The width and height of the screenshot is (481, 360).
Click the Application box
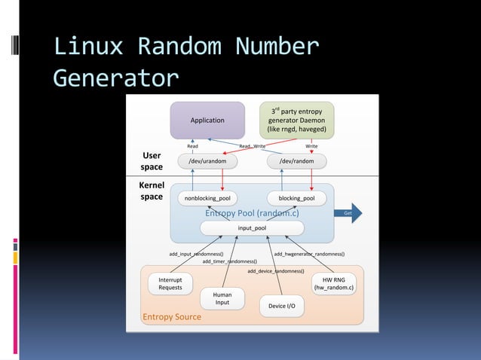tap(207, 120)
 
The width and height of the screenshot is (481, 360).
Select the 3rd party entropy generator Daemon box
tap(296, 120)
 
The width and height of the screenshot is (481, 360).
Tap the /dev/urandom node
tap(207, 161)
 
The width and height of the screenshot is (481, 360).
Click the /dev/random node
tap(296, 161)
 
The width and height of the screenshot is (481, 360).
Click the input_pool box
tap(251, 227)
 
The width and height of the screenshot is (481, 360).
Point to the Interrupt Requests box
tap(170, 283)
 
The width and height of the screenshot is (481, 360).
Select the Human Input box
tap(222, 298)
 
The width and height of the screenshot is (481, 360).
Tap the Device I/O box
tap(281, 306)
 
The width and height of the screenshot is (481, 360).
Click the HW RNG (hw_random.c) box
tap(334, 283)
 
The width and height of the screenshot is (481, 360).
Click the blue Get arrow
tap(348, 213)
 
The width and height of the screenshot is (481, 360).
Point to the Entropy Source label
tap(172, 317)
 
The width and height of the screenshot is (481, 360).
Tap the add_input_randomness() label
tap(196, 254)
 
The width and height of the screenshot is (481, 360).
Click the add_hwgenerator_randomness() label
tap(309, 254)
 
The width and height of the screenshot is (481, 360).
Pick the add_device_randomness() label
tap(276, 270)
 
